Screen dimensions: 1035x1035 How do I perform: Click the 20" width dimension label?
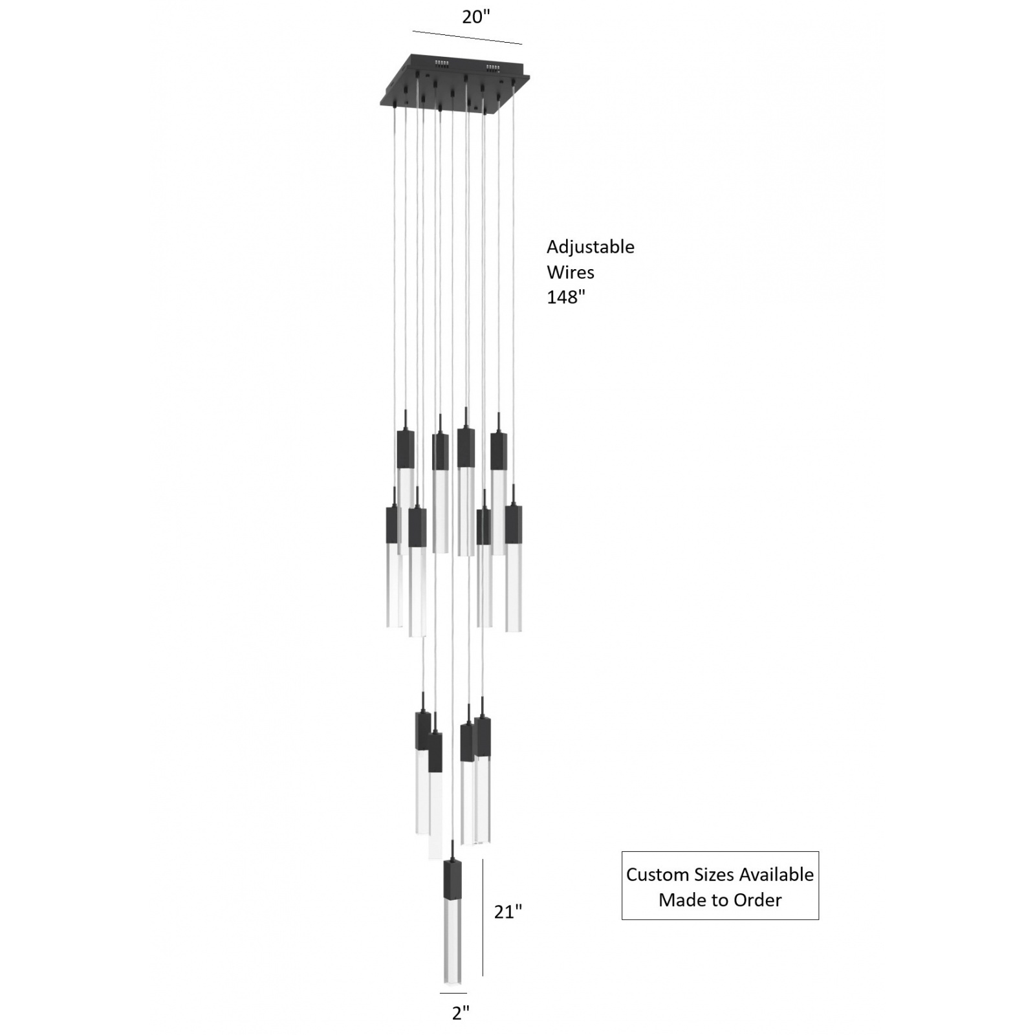[476, 17]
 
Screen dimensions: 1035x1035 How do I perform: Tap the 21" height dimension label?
[508, 911]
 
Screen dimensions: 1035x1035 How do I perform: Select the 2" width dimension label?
[460, 1013]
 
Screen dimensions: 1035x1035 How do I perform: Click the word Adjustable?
[590, 247]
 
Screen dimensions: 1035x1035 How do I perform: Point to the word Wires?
[570, 272]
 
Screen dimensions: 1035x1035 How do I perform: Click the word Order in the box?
[757, 900]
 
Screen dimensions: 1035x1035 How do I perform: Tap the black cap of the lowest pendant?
[452, 880]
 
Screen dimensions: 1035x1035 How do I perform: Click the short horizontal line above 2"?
[453, 993]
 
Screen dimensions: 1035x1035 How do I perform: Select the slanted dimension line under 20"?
[467, 38]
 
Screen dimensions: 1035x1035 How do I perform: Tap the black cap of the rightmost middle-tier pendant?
[514, 525]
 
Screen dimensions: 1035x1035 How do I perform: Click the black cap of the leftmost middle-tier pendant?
[394, 525]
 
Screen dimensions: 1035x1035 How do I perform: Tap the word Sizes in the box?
[715, 875]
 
